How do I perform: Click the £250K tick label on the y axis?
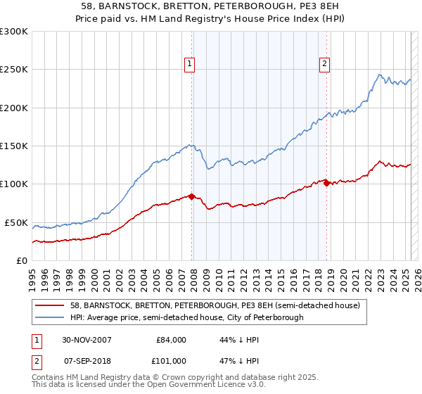point(14,70)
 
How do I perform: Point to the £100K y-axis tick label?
point(14,184)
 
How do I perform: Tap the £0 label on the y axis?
point(23,260)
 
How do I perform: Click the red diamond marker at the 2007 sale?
point(192,196)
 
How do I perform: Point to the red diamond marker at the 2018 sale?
point(326,183)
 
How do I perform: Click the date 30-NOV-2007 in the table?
point(87,340)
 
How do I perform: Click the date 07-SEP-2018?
point(87,361)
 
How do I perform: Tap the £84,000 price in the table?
point(170,340)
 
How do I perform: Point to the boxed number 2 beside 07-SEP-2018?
point(35,361)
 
